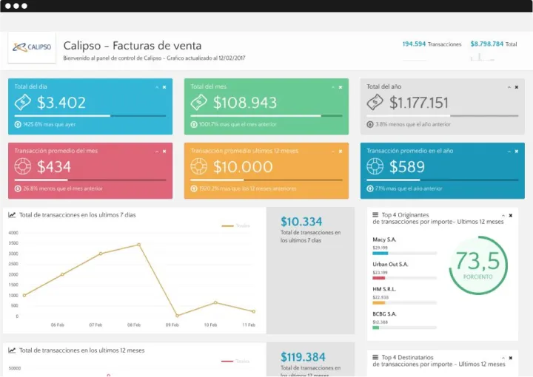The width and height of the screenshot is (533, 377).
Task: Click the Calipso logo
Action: tap(31, 47)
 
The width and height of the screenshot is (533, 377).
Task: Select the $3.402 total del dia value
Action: tap(61, 103)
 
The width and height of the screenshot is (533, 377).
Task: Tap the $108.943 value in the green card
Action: tap(245, 103)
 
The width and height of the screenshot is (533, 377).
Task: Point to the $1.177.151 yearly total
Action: tap(419, 103)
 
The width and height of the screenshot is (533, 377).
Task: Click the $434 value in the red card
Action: tap(54, 167)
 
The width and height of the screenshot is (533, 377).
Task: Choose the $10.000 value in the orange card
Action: tap(243, 167)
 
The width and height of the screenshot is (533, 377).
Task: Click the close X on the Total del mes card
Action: tap(341, 87)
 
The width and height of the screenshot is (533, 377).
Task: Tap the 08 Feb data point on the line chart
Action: tap(138, 245)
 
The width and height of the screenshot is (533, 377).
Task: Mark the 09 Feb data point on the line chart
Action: tap(177, 316)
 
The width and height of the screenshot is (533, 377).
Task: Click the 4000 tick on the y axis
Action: tap(13, 233)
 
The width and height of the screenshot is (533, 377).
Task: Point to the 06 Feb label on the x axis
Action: tap(57, 325)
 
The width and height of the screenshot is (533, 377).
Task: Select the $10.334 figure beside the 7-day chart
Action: tap(301, 221)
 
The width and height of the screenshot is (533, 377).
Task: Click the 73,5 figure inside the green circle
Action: tap(477, 261)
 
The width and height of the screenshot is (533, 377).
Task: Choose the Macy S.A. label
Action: tap(384, 240)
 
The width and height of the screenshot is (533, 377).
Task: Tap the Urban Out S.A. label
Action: tap(390, 264)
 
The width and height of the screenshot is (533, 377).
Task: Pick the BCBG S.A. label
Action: tap(384, 314)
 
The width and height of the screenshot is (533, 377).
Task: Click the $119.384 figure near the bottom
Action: tap(303, 357)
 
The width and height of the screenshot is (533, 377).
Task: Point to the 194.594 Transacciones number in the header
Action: tap(414, 44)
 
